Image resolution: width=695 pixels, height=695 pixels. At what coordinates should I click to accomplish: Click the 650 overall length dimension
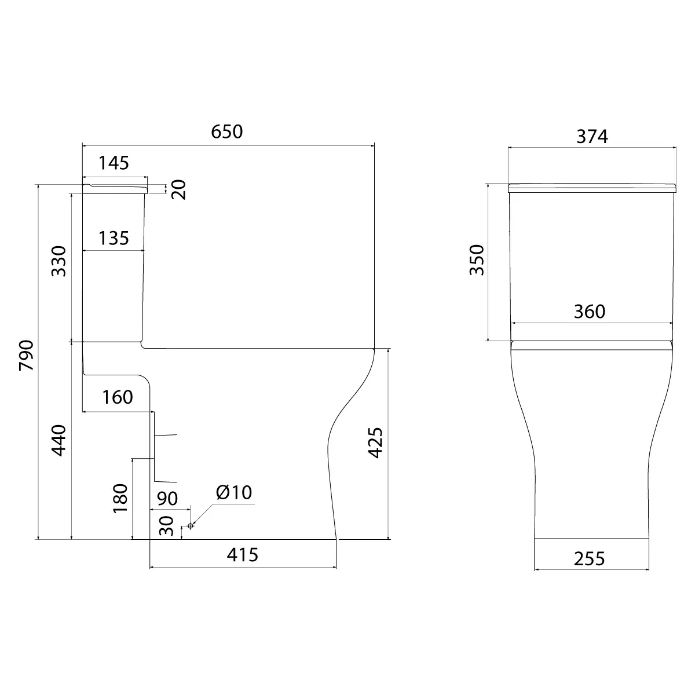[226, 131]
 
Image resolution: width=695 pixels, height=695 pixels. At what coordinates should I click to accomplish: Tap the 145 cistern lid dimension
[114, 163]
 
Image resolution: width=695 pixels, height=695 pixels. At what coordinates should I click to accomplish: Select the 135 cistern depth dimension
[114, 239]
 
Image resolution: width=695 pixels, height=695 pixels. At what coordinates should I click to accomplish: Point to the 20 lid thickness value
[178, 189]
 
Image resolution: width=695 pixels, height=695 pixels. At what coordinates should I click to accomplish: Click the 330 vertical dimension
[59, 261]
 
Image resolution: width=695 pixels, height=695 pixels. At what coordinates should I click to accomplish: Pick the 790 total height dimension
[26, 355]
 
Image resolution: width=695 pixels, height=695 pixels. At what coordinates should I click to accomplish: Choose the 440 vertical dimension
[59, 440]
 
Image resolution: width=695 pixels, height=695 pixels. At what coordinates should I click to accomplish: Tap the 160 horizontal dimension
[118, 397]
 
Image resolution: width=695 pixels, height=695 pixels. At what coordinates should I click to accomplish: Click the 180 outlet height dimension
[120, 499]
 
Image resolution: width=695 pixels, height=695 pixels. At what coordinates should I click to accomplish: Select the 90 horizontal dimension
[167, 499]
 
